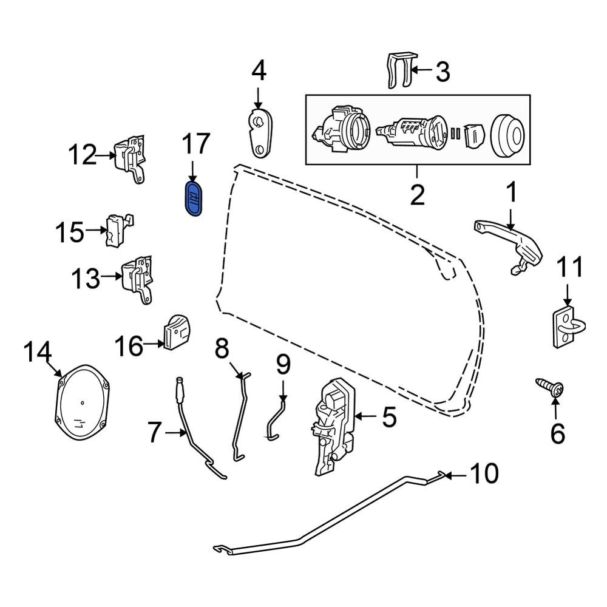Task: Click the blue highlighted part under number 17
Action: pos(194,197)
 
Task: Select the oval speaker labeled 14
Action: pos(82,402)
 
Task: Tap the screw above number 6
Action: pos(550,387)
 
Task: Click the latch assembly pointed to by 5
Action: pos(334,426)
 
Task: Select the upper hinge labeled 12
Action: pos(130,159)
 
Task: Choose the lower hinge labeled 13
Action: pos(137,279)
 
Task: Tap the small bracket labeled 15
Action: pos(118,230)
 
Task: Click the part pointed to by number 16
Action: pos(177,332)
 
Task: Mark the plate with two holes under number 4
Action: pos(260,133)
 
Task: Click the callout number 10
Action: pos(484,473)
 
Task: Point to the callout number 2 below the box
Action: pos(417,195)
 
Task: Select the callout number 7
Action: pos(154,432)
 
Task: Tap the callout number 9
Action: pos(283,365)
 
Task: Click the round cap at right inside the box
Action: pos(507,135)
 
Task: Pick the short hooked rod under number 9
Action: pos(274,421)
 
